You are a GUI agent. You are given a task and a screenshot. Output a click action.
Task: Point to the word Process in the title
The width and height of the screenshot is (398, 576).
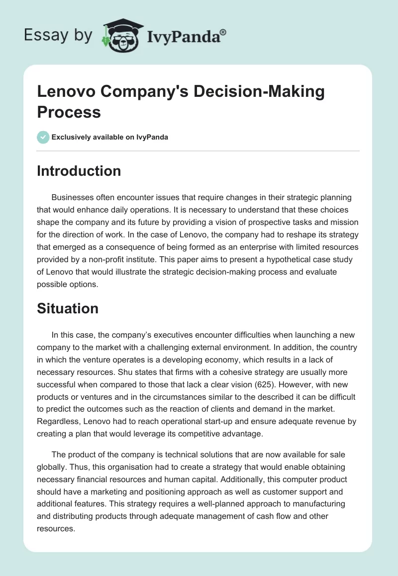pos(69,112)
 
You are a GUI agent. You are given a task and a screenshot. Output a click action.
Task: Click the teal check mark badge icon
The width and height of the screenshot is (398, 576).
pos(44,137)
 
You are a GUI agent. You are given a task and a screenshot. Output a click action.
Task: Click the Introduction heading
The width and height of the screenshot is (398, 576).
pos(79,171)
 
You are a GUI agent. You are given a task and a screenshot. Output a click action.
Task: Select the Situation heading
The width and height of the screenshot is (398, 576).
pos(68,308)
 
